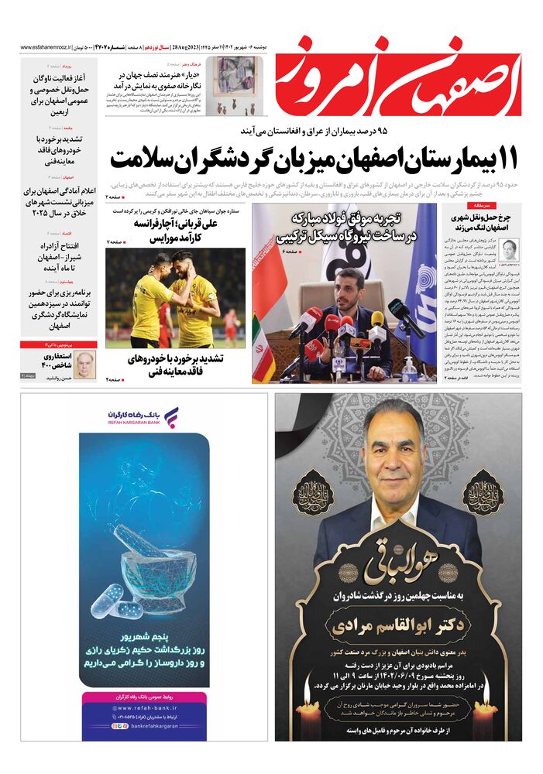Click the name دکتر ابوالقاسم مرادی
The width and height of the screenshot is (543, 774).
click(399, 624)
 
